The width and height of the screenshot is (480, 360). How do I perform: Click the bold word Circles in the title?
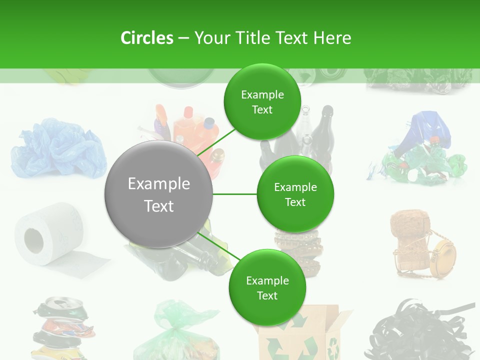point(146,38)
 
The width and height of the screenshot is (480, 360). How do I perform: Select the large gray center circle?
point(159,194)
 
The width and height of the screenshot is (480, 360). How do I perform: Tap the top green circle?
point(262,102)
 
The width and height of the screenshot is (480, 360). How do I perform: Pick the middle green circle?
point(295,194)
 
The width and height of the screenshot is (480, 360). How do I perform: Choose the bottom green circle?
point(267,287)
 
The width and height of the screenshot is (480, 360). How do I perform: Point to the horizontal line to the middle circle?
point(235,194)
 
